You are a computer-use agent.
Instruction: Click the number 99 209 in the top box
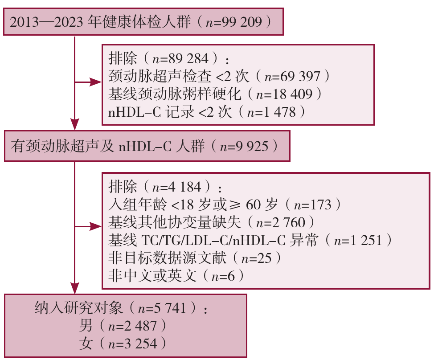[244, 22]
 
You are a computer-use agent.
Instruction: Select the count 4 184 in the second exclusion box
[184, 187]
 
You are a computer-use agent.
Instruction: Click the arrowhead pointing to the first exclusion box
[96, 82]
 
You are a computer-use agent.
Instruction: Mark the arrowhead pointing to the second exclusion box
[96, 226]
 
